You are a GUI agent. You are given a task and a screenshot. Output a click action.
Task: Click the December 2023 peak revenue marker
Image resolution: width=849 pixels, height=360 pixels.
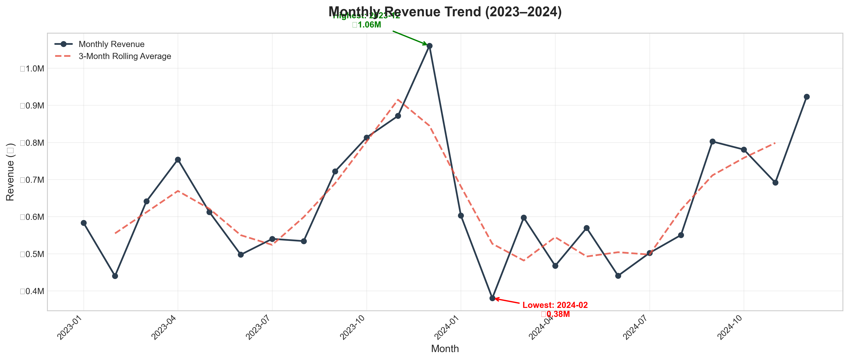pyautogui.click(x=429, y=46)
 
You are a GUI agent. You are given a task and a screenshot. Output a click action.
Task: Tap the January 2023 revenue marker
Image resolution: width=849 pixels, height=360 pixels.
pyautogui.click(x=84, y=223)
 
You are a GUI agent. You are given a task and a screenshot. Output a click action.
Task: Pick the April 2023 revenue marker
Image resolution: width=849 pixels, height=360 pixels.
pyautogui.click(x=178, y=160)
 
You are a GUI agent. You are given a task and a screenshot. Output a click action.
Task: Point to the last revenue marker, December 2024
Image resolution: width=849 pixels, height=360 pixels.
pyautogui.click(x=807, y=97)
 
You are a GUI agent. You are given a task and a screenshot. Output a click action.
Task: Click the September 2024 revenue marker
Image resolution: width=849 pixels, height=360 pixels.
pyautogui.click(x=712, y=141)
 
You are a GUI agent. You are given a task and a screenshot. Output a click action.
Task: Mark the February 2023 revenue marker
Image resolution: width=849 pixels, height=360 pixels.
pyautogui.click(x=115, y=276)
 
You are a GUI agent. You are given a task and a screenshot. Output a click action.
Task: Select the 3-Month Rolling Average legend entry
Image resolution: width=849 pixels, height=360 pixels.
pyautogui.click(x=125, y=56)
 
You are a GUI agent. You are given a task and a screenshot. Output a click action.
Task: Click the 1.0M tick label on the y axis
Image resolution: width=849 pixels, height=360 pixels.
pyautogui.click(x=32, y=69)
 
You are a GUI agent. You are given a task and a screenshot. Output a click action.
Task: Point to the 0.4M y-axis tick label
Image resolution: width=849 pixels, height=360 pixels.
pyautogui.click(x=32, y=291)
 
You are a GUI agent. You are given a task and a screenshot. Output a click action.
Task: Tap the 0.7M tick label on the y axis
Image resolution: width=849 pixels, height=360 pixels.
pyautogui.click(x=32, y=180)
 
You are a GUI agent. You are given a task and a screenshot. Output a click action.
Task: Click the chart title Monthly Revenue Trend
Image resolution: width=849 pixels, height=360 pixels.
pyautogui.click(x=445, y=12)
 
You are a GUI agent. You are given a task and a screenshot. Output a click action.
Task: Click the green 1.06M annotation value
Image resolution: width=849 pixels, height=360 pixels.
pyautogui.click(x=367, y=25)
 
